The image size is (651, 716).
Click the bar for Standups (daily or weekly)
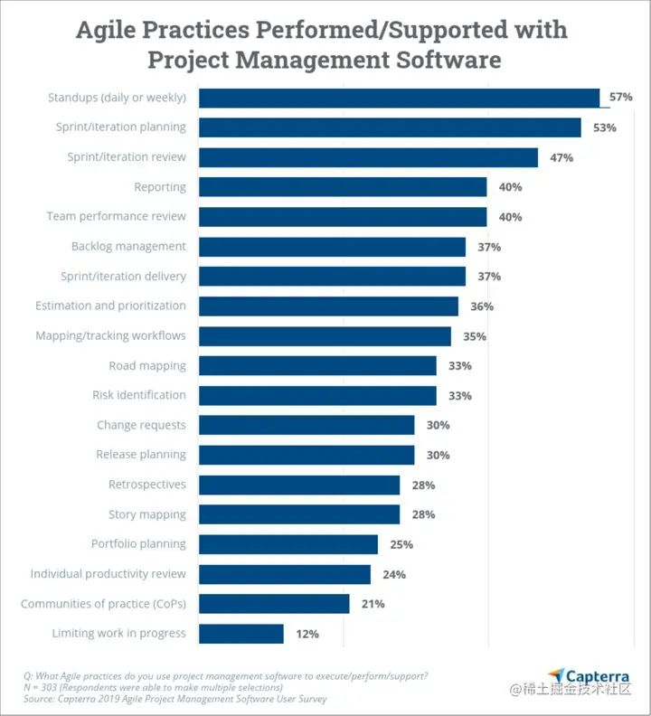pos(398,98)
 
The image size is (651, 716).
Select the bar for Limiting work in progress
pos(241,634)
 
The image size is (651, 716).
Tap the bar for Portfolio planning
pos(288,544)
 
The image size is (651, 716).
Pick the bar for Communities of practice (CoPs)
pos(273,604)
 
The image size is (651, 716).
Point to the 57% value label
pos(620,98)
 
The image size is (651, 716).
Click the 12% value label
pos(307,634)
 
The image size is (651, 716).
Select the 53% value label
pos(604,127)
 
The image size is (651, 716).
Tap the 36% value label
pos(481,306)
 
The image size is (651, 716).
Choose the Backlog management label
pos(128,246)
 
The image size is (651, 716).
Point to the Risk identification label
pos(138,395)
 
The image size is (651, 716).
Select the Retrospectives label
pos(146,485)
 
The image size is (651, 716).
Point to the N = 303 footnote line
pos(154,687)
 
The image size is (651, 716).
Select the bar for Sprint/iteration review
pos(368,157)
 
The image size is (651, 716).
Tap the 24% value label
pos(393,574)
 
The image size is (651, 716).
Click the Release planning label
pos(141,455)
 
